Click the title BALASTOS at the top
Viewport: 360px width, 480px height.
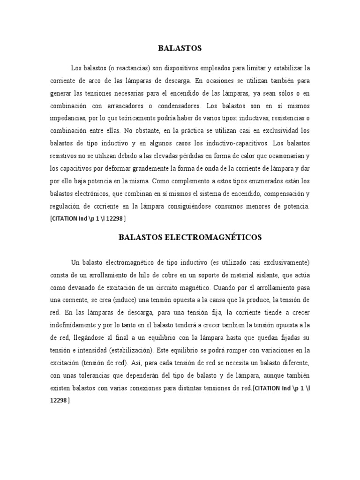point(180,48)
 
